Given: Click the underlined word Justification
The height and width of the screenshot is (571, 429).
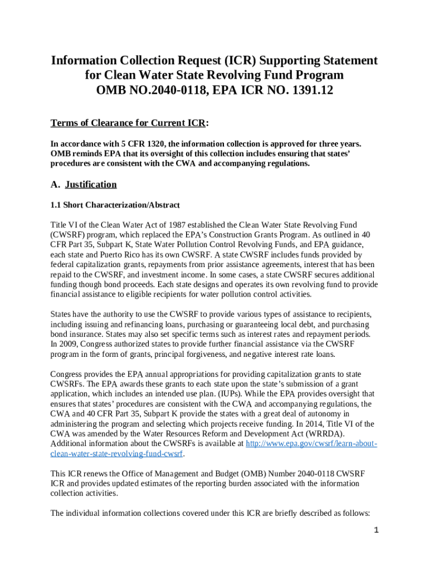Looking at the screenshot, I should [x=91, y=185].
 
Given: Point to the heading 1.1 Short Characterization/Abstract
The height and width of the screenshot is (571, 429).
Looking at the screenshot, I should [x=115, y=205].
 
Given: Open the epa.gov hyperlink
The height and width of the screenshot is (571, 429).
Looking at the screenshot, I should [x=311, y=444].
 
